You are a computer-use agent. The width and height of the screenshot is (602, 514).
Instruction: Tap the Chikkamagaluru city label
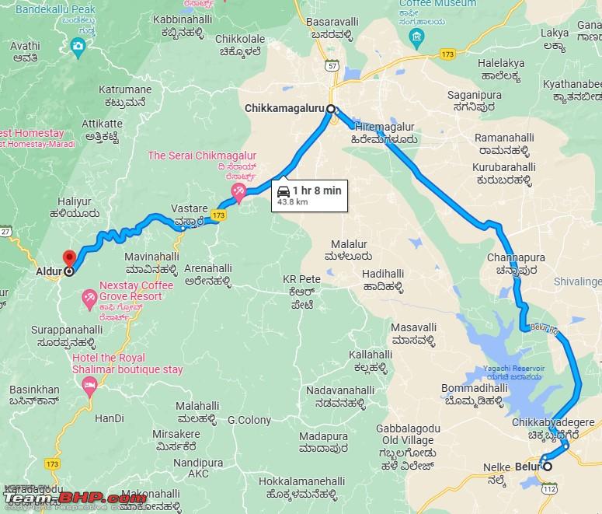point(284,108)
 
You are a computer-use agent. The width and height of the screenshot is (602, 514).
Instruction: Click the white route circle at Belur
point(547,467)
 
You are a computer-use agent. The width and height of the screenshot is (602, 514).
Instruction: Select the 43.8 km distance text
point(293,202)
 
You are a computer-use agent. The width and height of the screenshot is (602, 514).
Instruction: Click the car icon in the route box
point(284,190)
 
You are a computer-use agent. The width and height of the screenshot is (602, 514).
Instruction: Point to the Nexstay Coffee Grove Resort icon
point(89,296)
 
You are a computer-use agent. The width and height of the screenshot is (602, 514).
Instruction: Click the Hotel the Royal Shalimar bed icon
point(90,384)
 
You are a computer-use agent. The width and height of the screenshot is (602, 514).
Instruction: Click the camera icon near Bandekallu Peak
point(78,48)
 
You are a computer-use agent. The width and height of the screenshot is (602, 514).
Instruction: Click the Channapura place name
point(517,257)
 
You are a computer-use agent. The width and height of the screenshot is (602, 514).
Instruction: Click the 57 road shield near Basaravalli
point(332,68)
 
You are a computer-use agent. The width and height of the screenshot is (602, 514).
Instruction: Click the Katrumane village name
point(126,90)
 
